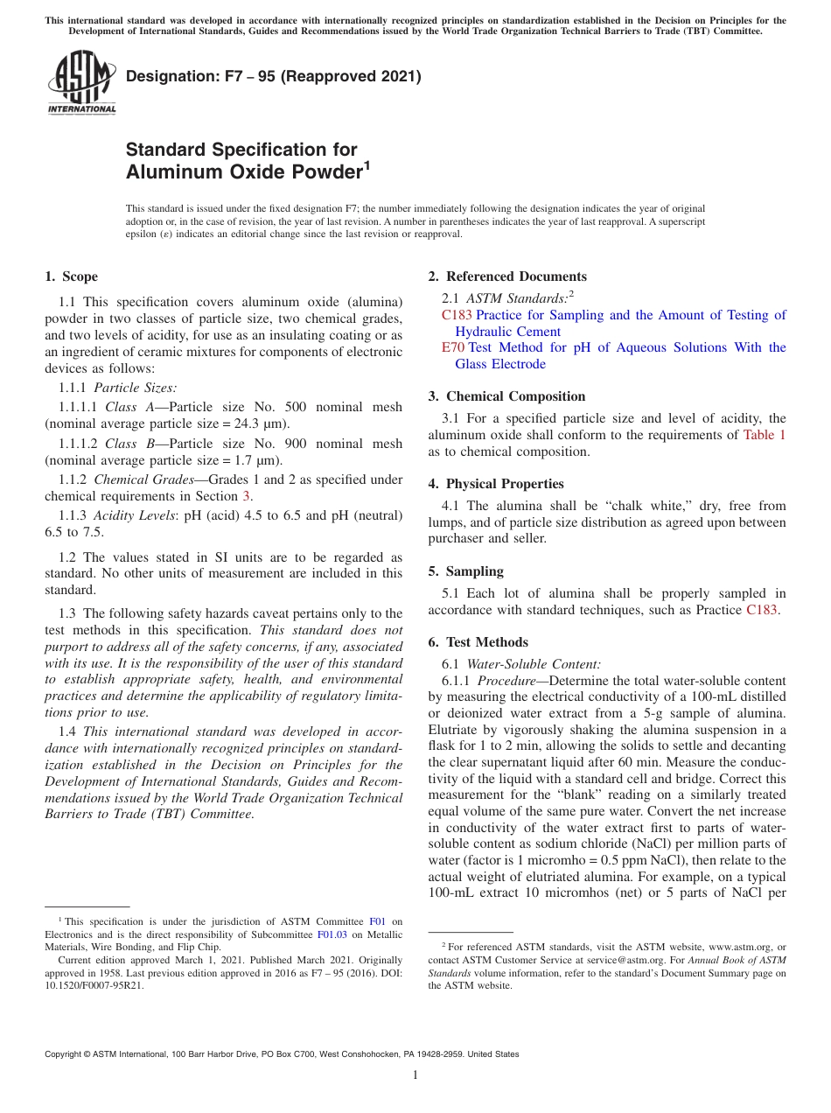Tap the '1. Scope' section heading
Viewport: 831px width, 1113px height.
[71, 276]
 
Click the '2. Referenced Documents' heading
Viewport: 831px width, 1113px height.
[507, 276]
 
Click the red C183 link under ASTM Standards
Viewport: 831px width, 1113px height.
[457, 315]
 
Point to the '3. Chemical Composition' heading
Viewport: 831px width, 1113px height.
[506, 396]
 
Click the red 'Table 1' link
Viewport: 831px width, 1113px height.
[764, 435]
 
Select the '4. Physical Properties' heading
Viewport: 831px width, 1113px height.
[496, 484]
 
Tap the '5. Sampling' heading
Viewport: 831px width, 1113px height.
[465, 571]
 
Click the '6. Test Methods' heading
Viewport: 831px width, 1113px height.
[478, 642]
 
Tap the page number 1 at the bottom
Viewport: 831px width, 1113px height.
[415, 1075]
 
